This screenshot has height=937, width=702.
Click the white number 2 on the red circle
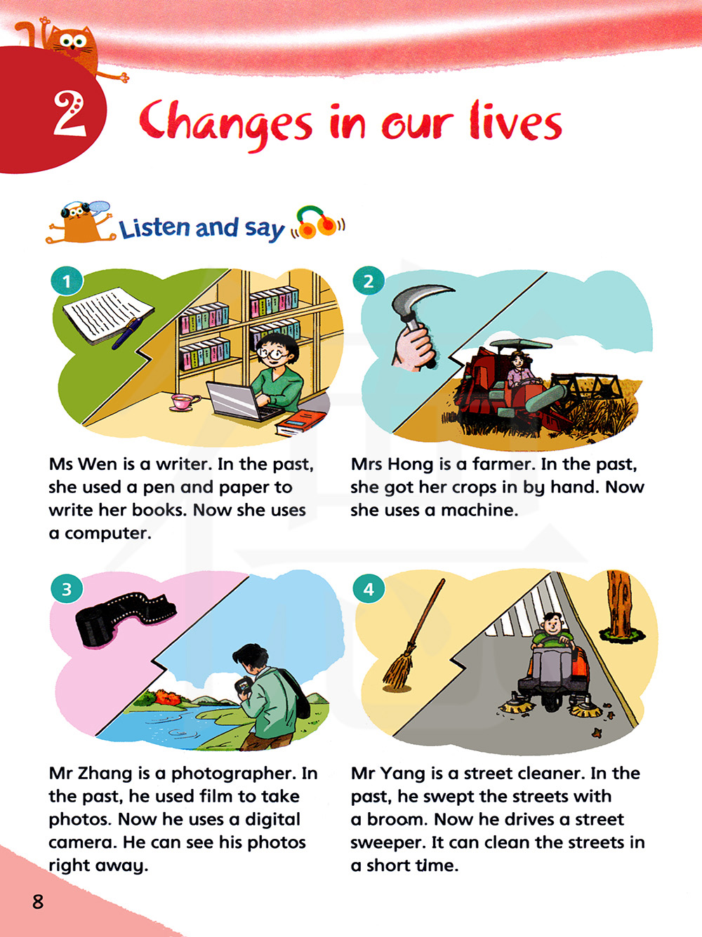click(70, 114)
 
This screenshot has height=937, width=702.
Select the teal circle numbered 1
click(67, 281)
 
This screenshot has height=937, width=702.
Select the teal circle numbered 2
click(369, 281)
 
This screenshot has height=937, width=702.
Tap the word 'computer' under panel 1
click(108, 534)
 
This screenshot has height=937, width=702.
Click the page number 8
click(38, 901)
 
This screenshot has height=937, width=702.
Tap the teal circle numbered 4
click(369, 589)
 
